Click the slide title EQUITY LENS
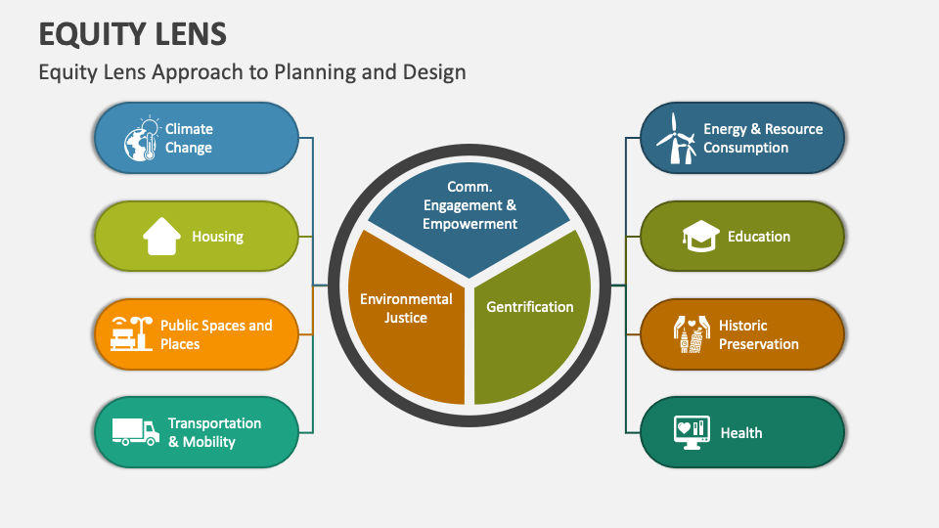point(133,33)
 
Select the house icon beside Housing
point(162,237)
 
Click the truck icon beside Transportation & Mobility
point(136,431)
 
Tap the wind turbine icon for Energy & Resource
point(675,138)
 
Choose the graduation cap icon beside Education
point(700,237)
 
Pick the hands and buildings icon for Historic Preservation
point(691,334)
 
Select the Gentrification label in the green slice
point(530,307)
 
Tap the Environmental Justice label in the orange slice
point(406,308)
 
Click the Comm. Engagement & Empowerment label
point(469,205)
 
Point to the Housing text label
point(217,237)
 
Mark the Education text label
point(759,237)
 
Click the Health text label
point(741,432)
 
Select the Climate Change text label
point(189,139)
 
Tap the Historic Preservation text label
point(759,334)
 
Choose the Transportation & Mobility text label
point(214,432)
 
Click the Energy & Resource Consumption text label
point(763,139)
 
